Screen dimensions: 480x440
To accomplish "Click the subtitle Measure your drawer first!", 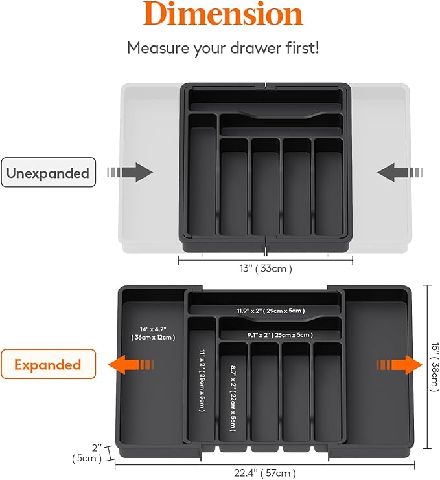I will [x=223, y=48].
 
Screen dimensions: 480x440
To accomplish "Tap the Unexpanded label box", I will [x=48, y=173].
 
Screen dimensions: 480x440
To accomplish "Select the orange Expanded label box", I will [x=48, y=364].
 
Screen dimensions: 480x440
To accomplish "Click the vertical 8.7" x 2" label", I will [x=233, y=396].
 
